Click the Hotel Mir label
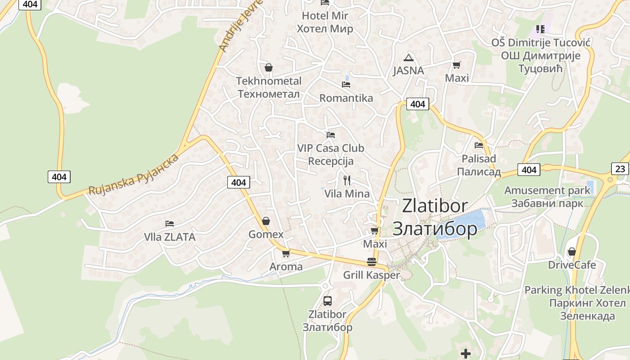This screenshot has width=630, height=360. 324,22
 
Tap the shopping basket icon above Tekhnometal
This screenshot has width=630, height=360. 269,67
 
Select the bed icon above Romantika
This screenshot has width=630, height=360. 346,84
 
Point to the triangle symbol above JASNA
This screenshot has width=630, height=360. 408,57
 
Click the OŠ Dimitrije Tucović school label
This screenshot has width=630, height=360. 540,55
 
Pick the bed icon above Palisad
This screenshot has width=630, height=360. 479,145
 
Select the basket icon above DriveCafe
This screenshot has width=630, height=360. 571,251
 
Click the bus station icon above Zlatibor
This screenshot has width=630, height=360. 328,301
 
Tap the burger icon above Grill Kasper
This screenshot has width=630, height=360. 372,262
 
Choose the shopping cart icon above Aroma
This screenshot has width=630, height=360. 286,253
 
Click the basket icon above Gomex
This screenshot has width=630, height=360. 266,221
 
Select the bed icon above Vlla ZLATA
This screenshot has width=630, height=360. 170,223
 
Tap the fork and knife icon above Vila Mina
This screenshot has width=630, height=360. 346,180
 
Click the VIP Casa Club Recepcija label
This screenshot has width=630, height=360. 331,154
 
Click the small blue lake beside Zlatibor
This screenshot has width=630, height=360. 466,223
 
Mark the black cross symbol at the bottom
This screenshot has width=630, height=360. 466,353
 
